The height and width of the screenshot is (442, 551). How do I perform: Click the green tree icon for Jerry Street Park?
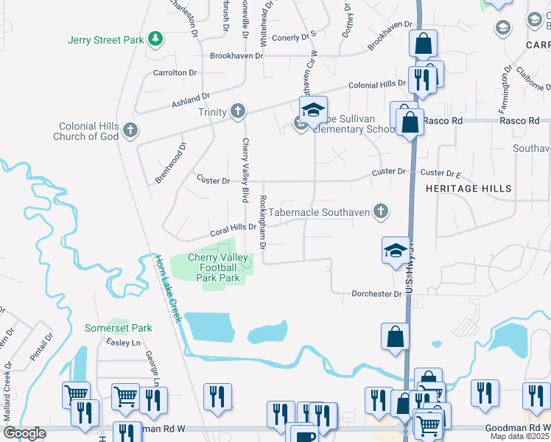click(155, 38)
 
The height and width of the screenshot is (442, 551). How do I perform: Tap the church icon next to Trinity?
click(237, 111)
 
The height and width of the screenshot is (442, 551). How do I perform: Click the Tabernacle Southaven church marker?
click(380, 212)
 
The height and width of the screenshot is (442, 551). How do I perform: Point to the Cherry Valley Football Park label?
click(213, 268)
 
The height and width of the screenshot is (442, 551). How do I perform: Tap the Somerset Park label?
click(118, 328)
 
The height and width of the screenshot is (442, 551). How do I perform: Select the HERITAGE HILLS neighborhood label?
click(468, 189)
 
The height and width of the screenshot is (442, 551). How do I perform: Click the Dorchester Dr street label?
click(376, 294)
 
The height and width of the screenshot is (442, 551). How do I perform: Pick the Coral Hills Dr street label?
click(232, 228)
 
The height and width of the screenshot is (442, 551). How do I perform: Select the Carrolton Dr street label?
click(175, 73)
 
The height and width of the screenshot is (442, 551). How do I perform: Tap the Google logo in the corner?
click(24, 433)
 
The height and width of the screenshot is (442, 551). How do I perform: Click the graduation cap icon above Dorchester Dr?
click(396, 251)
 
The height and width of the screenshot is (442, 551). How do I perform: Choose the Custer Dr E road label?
click(440, 173)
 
